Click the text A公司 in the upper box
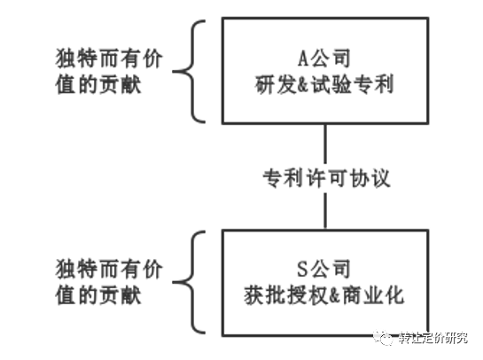point(324,59)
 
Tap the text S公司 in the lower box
point(323,269)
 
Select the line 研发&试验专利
point(324,84)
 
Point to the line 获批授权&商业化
point(324,295)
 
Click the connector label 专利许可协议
point(326,178)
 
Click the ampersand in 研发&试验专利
point(303,85)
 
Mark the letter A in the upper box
point(303,59)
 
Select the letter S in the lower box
point(302,269)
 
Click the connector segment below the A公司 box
point(325,145)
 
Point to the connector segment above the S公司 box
point(325,211)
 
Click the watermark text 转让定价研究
point(433,338)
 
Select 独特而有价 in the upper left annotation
point(109,59)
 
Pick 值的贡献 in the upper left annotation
point(98,84)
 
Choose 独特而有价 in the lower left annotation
point(109,269)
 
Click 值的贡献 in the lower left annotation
point(98,295)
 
